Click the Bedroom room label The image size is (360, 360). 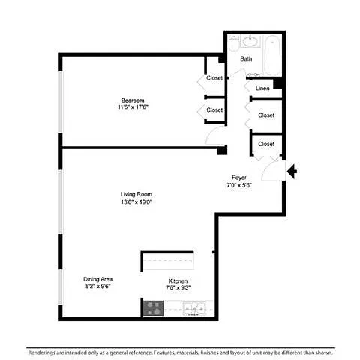point(133,100)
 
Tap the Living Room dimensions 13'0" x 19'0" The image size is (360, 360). point(136,202)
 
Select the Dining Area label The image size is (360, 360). point(97,279)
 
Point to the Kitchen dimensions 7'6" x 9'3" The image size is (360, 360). point(178,287)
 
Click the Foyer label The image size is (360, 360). point(239,178)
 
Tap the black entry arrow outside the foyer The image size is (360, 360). point(292,172)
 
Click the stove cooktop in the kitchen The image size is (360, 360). point(154,308)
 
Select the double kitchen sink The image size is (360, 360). point(195,308)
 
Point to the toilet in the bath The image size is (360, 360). point(234,43)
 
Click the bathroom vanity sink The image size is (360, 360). point(250,41)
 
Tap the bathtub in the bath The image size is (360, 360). point(272,55)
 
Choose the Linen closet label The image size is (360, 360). point(262,88)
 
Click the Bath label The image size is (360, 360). point(246,58)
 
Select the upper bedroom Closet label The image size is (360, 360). point(214,78)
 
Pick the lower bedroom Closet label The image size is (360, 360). point(214,109)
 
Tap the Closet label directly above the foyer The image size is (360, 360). point(266,144)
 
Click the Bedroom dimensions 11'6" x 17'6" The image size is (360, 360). point(133,107)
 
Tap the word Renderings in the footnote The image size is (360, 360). point(41,352)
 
